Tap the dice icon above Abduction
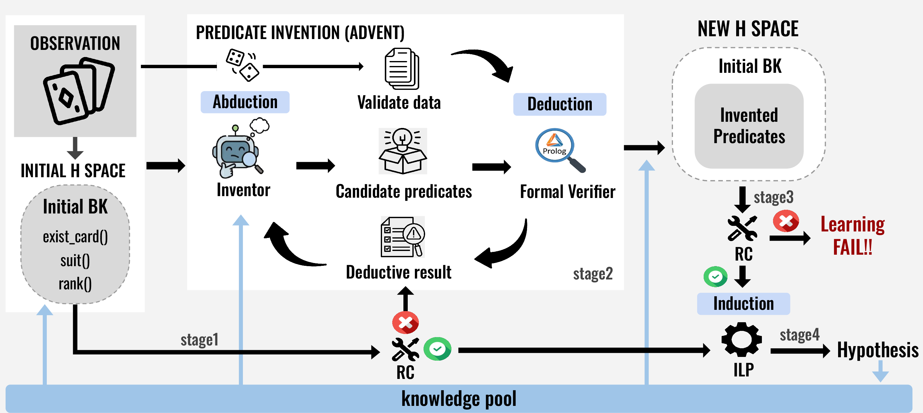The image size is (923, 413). (x=243, y=65)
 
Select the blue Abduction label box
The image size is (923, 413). (x=245, y=102)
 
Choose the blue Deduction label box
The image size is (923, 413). (x=560, y=104)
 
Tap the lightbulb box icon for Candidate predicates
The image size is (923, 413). (x=403, y=151)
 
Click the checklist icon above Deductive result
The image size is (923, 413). (x=403, y=237)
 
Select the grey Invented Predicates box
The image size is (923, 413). (x=749, y=126)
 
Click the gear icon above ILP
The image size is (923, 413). (x=742, y=339)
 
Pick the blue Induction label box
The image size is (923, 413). (x=744, y=304)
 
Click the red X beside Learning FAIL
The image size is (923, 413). (x=786, y=221)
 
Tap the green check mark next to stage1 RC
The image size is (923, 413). (x=437, y=349)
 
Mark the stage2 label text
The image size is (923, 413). (x=593, y=274)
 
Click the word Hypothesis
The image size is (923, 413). (x=878, y=350)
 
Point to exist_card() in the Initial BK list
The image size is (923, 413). (x=75, y=237)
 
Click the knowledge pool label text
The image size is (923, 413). (x=459, y=399)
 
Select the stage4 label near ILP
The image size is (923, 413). (x=800, y=335)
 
